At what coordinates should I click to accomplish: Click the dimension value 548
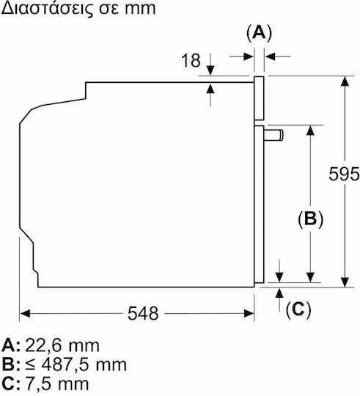(143, 313)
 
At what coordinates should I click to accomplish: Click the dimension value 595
(344, 174)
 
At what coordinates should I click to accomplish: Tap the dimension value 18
(191, 61)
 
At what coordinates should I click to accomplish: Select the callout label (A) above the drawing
(259, 33)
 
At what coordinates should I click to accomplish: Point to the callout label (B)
(310, 219)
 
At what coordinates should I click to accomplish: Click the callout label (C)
(298, 309)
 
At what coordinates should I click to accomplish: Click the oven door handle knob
(273, 135)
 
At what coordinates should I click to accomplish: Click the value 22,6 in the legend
(43, 345)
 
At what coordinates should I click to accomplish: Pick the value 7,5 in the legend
(39, 384)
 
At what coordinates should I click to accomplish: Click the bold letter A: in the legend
(10, 345)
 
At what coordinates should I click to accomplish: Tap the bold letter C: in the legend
(10, 384)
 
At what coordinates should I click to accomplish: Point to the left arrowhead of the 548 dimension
(25, 314)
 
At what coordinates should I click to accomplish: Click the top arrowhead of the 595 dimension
(345, 81)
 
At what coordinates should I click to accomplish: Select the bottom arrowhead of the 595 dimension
(345, 282)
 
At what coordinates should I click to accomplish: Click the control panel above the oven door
(259, 98)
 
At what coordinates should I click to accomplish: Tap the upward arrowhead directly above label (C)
(279, 293)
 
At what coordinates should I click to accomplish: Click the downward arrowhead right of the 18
(210, 70)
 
